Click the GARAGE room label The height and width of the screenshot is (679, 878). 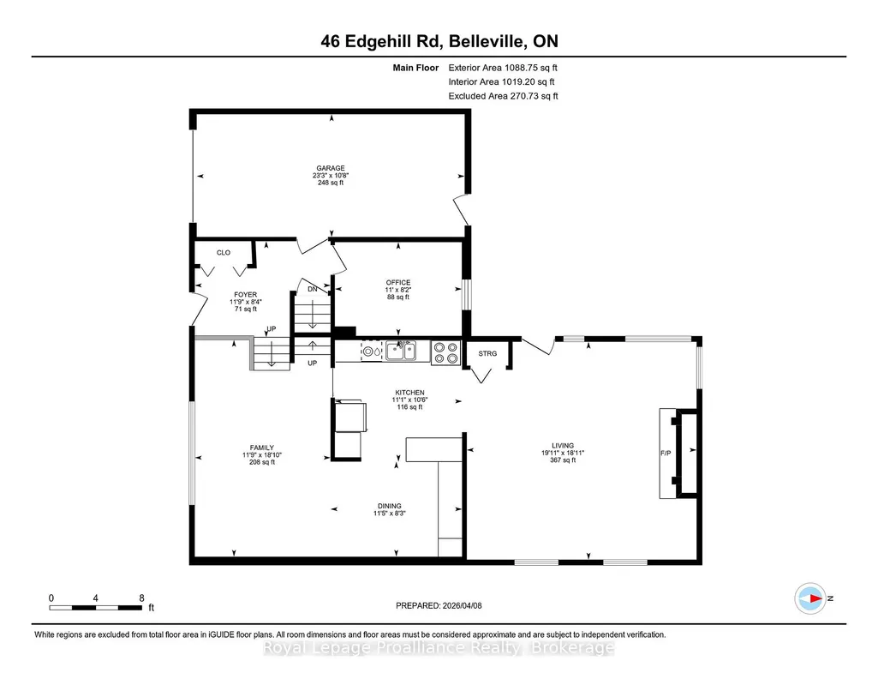pos(331,168)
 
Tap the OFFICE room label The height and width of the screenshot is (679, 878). pos(398,282)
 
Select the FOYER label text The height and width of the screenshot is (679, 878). pos(245,295)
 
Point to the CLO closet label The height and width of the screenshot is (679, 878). pos(224,253)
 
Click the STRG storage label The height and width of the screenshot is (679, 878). pos(487,353)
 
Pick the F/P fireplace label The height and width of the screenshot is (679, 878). pos(666,454)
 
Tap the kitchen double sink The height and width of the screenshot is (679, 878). pos(400,352)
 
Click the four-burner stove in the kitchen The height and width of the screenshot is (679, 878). pos(445,352)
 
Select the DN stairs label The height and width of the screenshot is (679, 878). pos(313,289)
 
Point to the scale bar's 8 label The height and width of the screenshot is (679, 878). pos(141,598)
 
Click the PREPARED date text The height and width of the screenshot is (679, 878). pos(439,605)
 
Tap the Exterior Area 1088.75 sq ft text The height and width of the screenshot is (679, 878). pos(503,68)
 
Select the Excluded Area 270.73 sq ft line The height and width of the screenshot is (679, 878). pos(504,96)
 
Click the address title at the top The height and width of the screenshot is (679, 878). pos(439,41)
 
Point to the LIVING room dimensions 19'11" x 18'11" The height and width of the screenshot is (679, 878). pos(563,454)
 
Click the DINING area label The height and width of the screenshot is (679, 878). pos(389,506)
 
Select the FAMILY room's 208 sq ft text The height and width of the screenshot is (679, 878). pos(262,462)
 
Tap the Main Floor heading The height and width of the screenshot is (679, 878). pos(415,68)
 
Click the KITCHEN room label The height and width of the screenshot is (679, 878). pos(410,393)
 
